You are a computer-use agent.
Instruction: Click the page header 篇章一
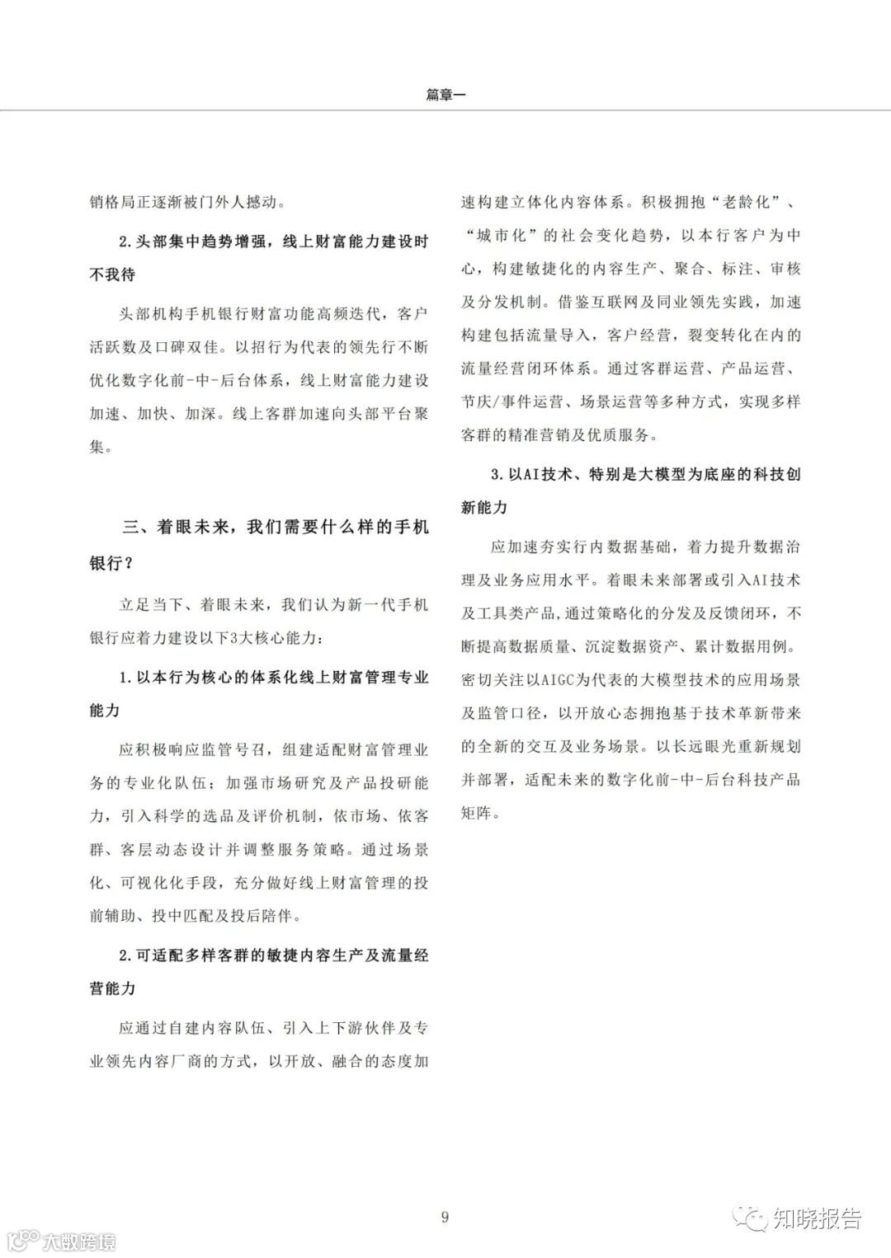(445, 95)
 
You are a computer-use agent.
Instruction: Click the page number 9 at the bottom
(445, 1217)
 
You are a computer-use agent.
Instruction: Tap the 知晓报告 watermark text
(816, 1218)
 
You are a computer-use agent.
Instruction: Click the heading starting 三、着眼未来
(276, 527)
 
